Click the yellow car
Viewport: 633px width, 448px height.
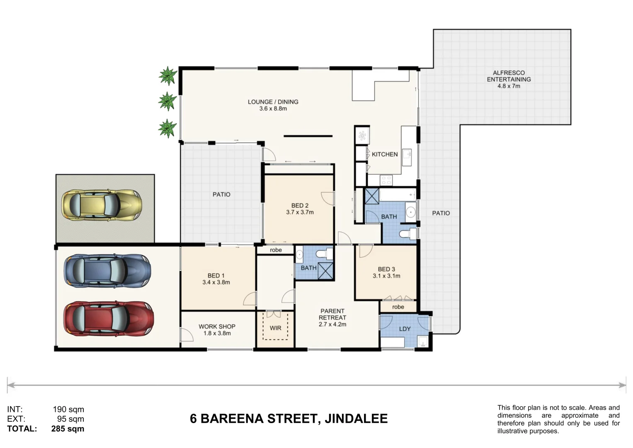(x=102, y=205)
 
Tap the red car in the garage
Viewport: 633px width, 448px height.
(x=108, y=319)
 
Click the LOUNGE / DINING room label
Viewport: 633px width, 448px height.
(x=273, y=102)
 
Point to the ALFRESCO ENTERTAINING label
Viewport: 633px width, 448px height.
(x=509, y=76)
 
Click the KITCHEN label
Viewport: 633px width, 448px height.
(x=385, y=154)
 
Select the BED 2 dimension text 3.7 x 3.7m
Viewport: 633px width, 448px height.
(x=300, y=212)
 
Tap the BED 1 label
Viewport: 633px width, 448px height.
(x=216, y=275)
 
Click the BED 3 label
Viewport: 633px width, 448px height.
(x=386, y=269)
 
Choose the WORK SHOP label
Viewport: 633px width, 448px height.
(x=217, y=326)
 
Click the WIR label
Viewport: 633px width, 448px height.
(x=275, y=328)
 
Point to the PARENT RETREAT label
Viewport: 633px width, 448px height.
(x=332, y=314)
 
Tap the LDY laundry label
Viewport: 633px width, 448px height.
(x=405, y=329)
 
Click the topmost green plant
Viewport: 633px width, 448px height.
(x=167, y=76)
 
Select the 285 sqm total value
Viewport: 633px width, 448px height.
(x=68, y=429)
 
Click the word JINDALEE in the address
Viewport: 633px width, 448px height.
(x=356, y=419)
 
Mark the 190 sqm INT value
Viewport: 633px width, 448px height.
(x=68, y=410)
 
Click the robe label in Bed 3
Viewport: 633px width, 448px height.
(x=398, y=307)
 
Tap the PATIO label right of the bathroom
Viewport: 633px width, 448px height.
(x=441, y=213)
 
